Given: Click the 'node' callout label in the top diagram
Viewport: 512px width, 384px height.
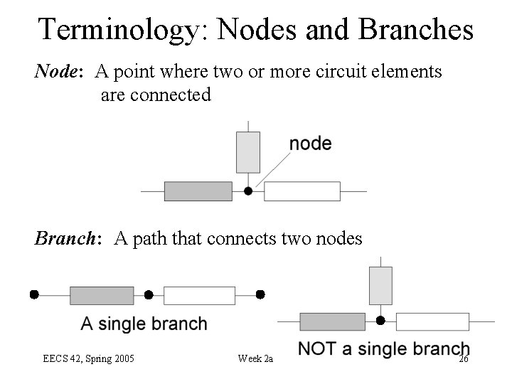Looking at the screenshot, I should pyautogui.click(x=310, y=144).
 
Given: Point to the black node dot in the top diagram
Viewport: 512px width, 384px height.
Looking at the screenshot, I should pyautogui.click(x=248, y=191).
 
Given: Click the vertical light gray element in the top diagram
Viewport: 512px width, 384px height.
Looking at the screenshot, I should pyautogui.click(x=248, y=152).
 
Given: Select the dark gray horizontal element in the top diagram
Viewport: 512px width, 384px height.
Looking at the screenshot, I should pyautogui.click(x=198, y=191).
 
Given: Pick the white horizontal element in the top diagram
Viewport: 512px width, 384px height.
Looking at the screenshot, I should pyautogui.click(x=302, y=191).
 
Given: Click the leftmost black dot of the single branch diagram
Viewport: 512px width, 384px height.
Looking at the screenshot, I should pyautogui.click(x=33, y=294).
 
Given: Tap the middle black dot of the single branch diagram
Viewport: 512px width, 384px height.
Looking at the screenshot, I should pyautogui.click(x=149, y=294).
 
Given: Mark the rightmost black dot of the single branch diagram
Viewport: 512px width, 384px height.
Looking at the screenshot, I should pyautogui.click(x=260, y=294).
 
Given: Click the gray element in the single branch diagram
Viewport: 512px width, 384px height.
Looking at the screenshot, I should pyautogui.click(x=102, y=295).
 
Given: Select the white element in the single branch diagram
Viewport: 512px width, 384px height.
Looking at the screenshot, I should pyautogui.click(x=199, y=295).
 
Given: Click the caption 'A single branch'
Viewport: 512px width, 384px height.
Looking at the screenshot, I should pyautogui.click(x=144, y=324).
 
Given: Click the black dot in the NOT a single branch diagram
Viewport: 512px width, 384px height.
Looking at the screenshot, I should pyautogui.click(x=380, y=321).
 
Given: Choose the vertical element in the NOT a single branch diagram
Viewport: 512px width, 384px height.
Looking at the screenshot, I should pyautogui.click(x=380, y=285).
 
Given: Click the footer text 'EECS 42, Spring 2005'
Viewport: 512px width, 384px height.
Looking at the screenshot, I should pyautogui.click(x=89, y=358).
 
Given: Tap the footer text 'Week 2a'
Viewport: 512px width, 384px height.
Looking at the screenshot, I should pyautogui.click(x=255, y=358).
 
